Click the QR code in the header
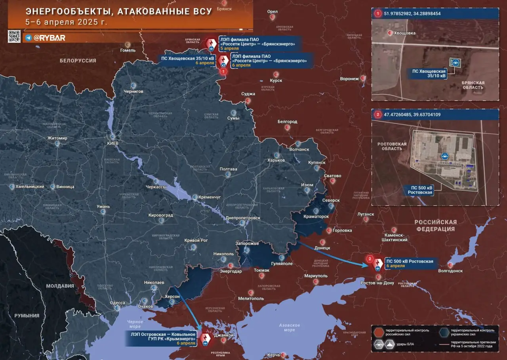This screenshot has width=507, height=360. click(x=14, y=36)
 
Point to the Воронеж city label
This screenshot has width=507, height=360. click(x=349, y=79)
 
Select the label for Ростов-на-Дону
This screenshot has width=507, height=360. click(x=377, y=283)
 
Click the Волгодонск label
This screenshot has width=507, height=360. click(x=450, y=271)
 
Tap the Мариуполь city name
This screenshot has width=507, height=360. click(x=316, y=276)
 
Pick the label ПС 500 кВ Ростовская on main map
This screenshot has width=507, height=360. click(x=410, y=261)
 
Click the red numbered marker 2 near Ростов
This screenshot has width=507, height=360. click(x=370, y=259)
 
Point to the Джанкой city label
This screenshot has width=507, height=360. click(x=223, y=335)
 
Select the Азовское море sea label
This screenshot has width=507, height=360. click(x=290, y=327)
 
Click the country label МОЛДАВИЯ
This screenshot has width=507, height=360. click(x=60, y=286)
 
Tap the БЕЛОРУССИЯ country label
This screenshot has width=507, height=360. click(x=78, y=61)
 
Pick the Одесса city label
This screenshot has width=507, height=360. click(x=117, y=303)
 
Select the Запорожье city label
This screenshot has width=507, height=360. click(x=247, y=243)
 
